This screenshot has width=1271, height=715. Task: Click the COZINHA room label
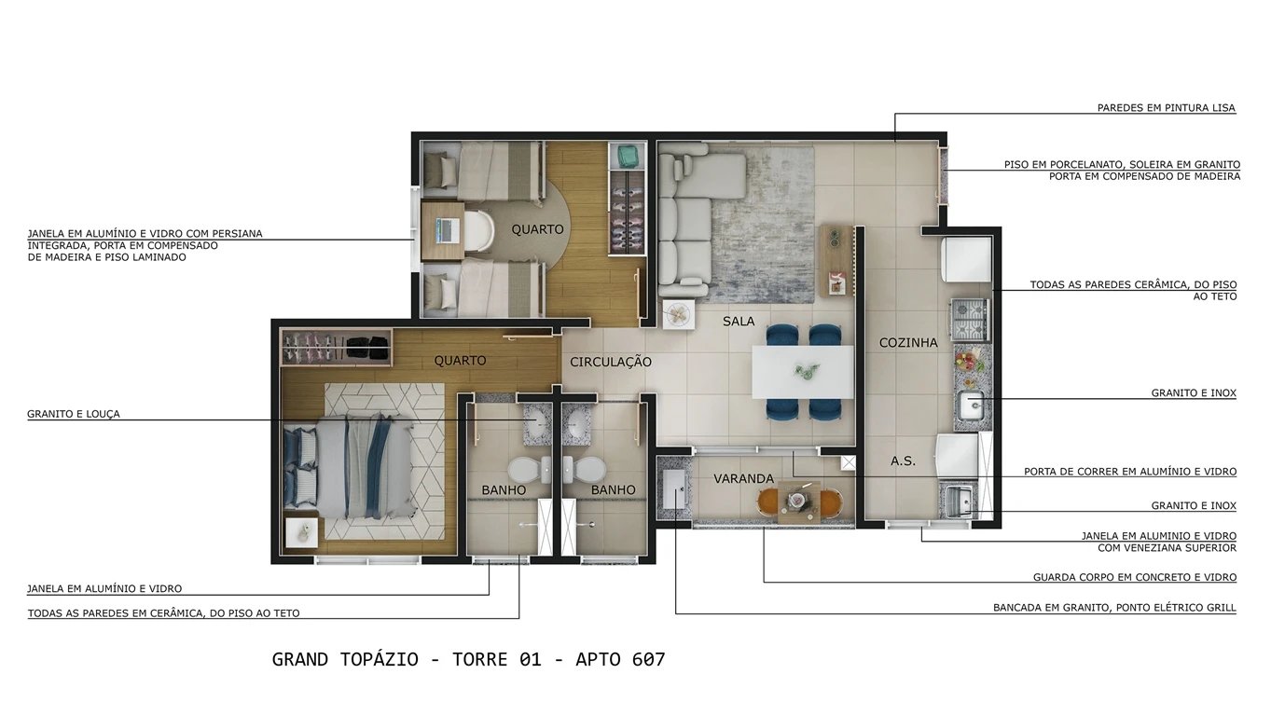[x=907, y=343]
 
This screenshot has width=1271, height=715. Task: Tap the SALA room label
[x=739, y=322]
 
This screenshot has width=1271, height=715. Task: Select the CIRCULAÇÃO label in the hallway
[x=611, y=362]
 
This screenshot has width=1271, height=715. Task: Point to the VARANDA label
[x=743, y=479]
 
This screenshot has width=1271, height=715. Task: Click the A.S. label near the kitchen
[x=903, y=461]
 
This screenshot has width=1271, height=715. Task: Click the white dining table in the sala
[x=803, y=371]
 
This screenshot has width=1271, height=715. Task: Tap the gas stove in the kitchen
[x=969, y=319]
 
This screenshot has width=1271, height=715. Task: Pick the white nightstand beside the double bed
[x=301, y=534]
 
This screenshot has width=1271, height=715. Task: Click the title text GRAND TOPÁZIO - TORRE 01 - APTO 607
[x=468, y=660]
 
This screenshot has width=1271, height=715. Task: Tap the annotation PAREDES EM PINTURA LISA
[x=1166, y=108]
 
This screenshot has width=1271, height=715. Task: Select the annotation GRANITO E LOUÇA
[x=74, y=414]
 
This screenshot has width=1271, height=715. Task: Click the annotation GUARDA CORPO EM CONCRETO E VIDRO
[x=1134, y=578]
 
